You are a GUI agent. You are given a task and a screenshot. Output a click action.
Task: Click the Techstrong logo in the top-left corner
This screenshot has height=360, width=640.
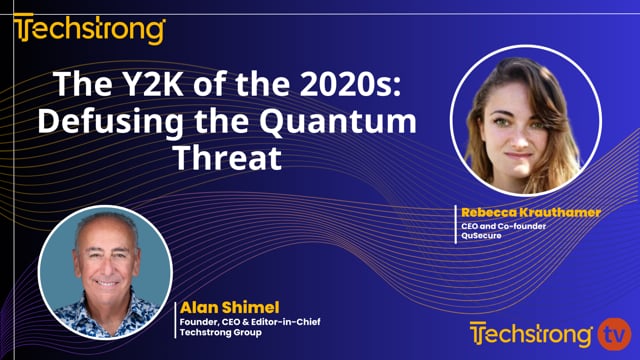click(x=89, y=30)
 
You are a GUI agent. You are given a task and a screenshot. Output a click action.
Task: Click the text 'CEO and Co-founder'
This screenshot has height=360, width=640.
click(x=497, y=226)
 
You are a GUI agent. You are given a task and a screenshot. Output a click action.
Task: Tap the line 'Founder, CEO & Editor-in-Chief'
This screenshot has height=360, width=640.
click(x=247, y=321)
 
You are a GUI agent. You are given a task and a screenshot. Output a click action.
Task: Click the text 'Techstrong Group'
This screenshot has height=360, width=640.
click(x=218, y=333)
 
